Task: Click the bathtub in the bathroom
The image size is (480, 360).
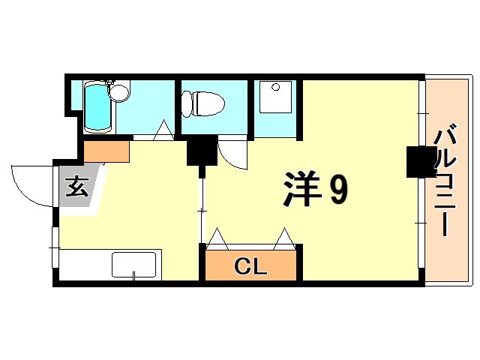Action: pyautogui.click(x=95, y=107)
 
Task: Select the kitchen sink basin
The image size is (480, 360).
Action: pyautogui.click(x=133, y=265)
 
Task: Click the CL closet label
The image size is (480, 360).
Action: pyautogui.click(x=250, y=265)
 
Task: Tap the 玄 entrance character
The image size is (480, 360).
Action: pyautogui.click(x=76, y=185)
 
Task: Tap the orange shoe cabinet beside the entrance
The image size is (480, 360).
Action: pyautogui.click(x=107, y=151)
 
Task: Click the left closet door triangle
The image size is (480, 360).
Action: pyautogui.click(x=218, y=238)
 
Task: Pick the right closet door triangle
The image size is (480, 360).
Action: pyautogui.click(x=285, y=238)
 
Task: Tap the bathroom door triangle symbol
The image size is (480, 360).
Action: pyautogui.click(x=163, y=131)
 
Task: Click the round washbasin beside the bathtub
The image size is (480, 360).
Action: pyautogui.click(x=119, y=93)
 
